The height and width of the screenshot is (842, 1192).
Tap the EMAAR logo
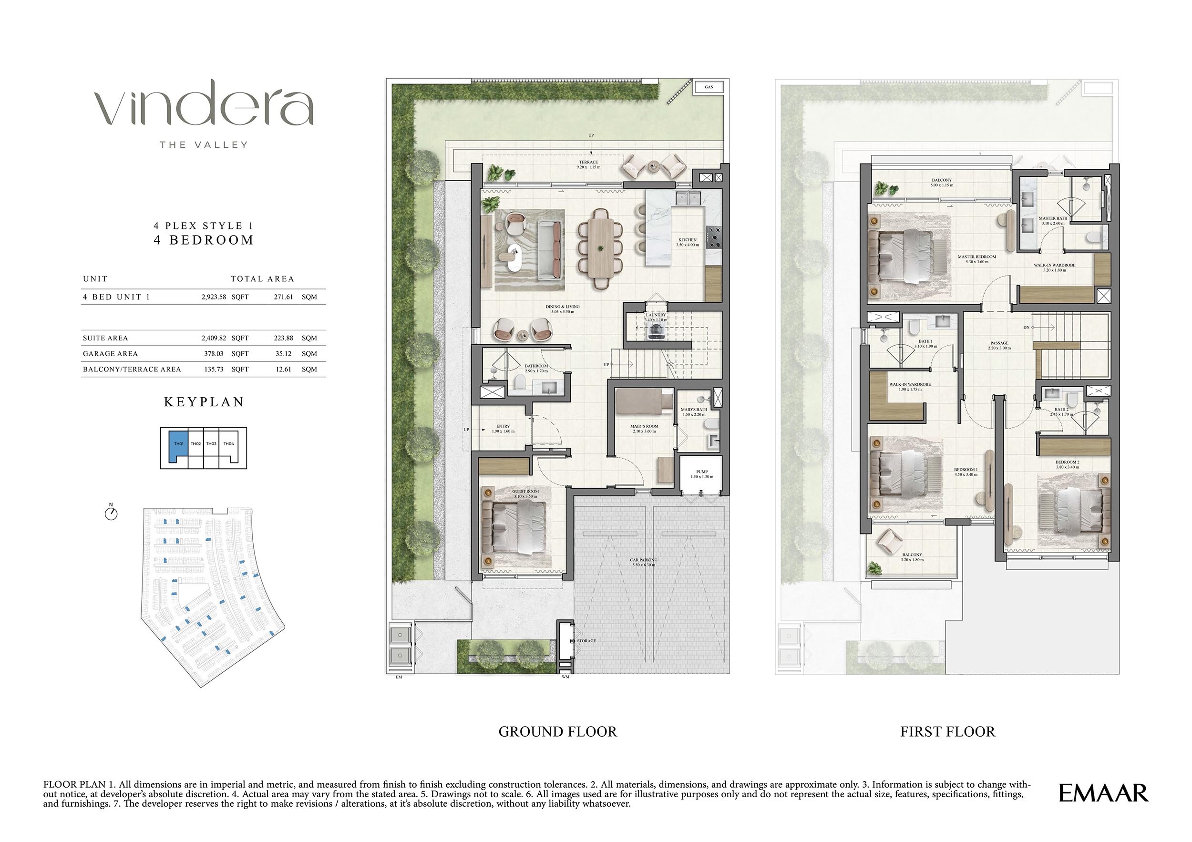coord(1103,793)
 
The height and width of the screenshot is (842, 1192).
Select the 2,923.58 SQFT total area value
coord(225,297)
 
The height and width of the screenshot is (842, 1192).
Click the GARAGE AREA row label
coord(110,353)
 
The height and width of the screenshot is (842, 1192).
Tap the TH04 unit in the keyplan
coord(228,444)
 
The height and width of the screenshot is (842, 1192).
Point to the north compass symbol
coord(111,513)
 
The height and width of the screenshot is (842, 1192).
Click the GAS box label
coord(709,87)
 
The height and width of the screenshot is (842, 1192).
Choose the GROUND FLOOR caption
coord(557,732)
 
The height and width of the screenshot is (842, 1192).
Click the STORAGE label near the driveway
coord(586,641)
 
